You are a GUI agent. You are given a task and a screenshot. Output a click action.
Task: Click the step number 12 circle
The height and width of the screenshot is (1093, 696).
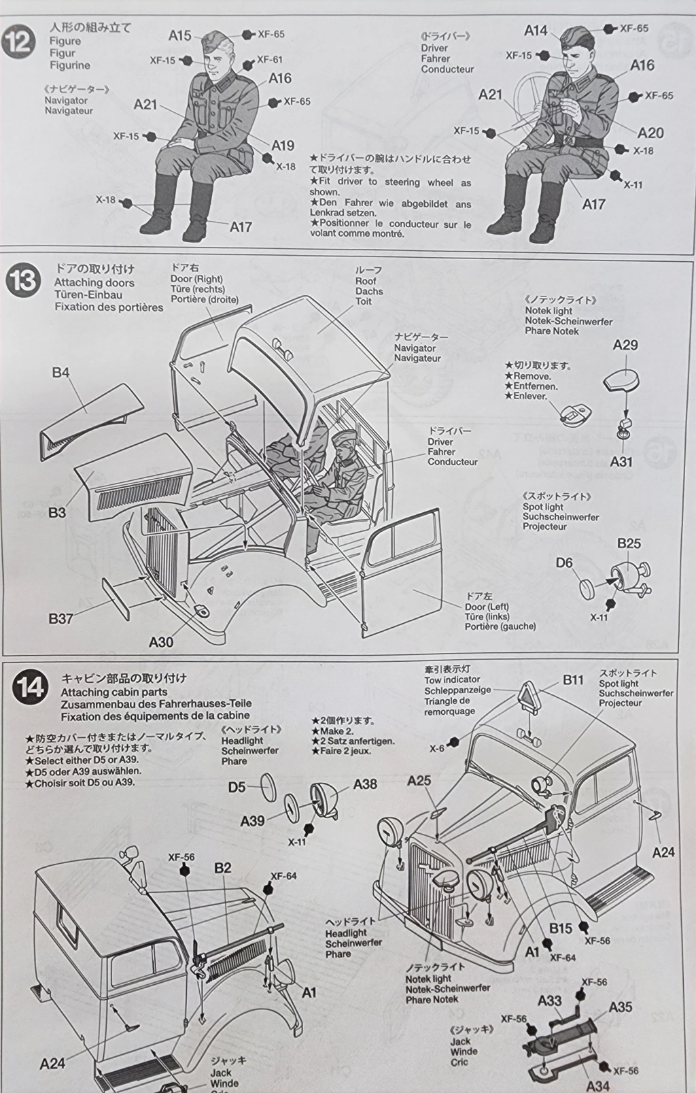(19, 42)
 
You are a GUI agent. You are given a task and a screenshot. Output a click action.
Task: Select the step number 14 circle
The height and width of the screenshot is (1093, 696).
(29, 687)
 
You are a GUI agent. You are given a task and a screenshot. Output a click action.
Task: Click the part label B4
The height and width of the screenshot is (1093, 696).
(60, 373)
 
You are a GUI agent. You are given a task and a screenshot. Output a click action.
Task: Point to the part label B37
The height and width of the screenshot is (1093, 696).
(60, 618)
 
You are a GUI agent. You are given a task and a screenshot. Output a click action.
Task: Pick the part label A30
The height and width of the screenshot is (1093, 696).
(161, 641)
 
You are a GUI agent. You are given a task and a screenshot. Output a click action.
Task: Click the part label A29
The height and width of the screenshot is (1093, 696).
(625, 345)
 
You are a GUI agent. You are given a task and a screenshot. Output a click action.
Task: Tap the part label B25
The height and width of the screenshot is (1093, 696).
(629, 543)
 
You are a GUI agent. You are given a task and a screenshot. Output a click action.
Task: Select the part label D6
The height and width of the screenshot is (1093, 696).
(564, 562)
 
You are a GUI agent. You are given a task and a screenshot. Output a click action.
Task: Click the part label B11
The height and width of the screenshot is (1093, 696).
(573, 679)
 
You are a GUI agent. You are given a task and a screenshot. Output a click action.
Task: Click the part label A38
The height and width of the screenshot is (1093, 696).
(365, 784)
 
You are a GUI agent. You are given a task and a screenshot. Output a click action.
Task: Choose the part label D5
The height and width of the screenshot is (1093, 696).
(237, 787)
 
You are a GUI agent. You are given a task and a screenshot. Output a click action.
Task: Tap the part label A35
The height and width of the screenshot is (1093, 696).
(620, 1007)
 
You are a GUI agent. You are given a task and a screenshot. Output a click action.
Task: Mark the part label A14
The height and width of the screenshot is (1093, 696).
(536, 30)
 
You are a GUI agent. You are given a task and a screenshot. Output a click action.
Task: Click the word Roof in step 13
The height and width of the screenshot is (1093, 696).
(366, 281)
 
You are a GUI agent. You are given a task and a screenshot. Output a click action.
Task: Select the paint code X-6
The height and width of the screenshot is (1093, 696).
(436, 748)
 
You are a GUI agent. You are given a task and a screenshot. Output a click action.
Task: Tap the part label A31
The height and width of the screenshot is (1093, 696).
(621, 462)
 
